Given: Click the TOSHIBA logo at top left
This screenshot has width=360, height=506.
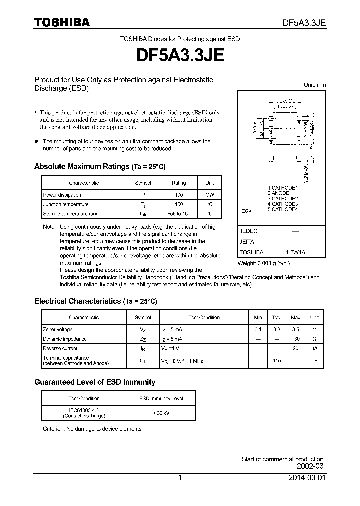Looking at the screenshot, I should pyautogui.click(x=62, y=22).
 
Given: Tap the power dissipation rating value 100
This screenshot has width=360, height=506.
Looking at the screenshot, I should pyautogui.click(x=179, y=195).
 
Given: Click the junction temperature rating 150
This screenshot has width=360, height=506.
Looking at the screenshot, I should pyautogui.click(x=179, y=204).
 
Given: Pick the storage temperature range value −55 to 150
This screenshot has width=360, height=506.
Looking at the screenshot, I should pyautogui.click(x=179, y=214).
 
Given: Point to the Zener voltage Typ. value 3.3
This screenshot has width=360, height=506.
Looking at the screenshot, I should pyautogui.click(x=277, y=329).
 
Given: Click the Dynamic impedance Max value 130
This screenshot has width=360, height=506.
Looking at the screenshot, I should pyautogui.click(x=296, y=339).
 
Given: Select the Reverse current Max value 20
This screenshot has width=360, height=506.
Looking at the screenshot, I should pyautogui.click(x=296, y=348).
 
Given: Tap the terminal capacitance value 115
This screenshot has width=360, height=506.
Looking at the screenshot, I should pyautogui.click(x=277, y=360).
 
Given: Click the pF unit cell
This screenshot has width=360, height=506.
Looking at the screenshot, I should pyautogui.click(x=314, y=360).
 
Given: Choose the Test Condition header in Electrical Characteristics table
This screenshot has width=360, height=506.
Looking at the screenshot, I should pyautogui.click(x=204, y=317).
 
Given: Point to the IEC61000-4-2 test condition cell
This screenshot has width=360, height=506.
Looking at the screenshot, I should pyautogui.click(x=77, y=413).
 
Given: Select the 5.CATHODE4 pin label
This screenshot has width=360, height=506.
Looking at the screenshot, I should pyautogui.click(x=282, y=209).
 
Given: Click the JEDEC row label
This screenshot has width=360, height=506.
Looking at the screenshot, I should pyautogui.click(x=248, y=231).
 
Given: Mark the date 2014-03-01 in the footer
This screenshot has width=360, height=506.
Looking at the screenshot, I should pyautogui.click(x=306, y=478).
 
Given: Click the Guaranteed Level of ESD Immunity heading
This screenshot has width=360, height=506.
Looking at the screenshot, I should pyautogui.click(x=95, y=382).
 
